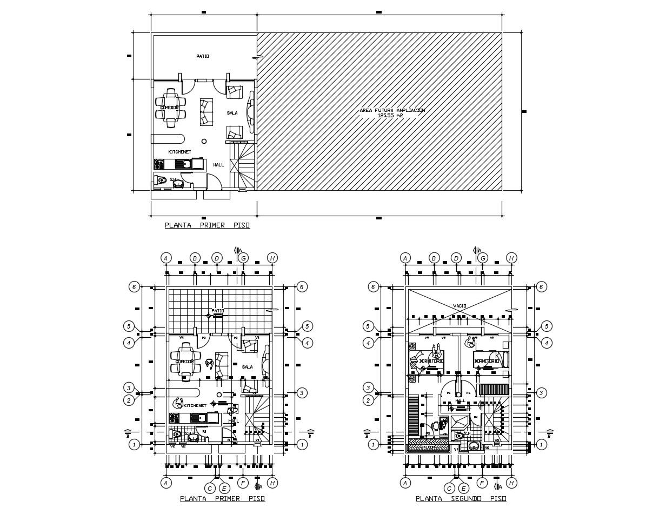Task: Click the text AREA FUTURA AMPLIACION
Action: (x=392, y=110)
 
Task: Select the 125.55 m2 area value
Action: (x=392, y=116)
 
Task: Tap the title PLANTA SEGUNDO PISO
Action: (x=461, y=499)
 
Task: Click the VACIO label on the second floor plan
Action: (x=459, y=306)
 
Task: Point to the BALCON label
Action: (x=429, y=447)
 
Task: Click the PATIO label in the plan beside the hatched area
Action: (x=202, y=56)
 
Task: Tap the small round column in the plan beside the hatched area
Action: (x=204, y=141)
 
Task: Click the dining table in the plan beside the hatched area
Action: (x=171, y=108)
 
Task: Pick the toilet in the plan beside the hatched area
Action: (x=161, y=181)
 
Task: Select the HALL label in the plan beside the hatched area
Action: (x=218, y=165)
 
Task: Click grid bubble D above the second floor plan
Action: (x=456, y=258)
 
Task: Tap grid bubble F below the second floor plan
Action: (x=482, y=483)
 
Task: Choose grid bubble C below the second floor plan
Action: (x=449, y=488)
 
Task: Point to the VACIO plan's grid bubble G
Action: (x=483, y=258)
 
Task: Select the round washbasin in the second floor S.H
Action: (x=474, y=446)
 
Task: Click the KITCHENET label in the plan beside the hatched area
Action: (x=179, y=152)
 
